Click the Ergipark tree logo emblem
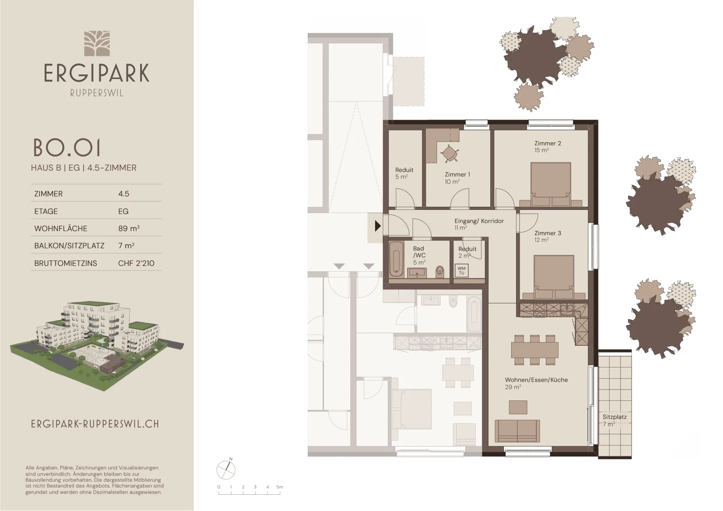point(97,43)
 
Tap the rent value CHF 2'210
point(136,263)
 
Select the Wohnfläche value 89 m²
point(129,228)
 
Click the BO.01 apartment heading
point(67,148)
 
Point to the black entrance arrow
point(378,226)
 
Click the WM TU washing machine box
point(461,270)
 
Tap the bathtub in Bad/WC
point(396,259)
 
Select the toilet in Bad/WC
point(440,271)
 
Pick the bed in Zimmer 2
point(551,185)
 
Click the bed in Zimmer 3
point(554,277)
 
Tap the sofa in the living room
point(517,431)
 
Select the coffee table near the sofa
point(518,407)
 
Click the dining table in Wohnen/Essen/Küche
point(535,350)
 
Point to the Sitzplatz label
point(615,417)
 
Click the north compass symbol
point(226,469)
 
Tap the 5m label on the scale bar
point(280,487)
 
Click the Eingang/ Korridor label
point(479,221)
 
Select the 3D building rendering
point(97,347)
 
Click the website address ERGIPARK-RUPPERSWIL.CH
point(95,424)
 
